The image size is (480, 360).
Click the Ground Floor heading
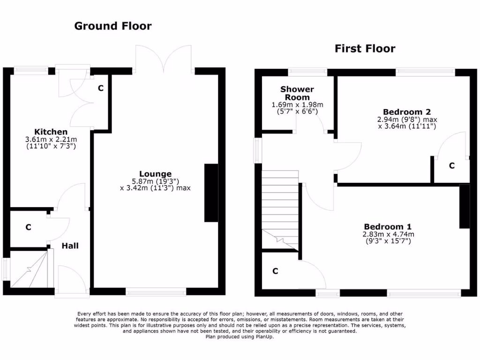point(113,26)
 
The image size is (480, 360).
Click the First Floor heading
point(365,49)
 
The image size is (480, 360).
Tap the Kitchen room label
point(51,132)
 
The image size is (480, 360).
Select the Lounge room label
point(155,174)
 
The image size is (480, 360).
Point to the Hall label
point(70,246)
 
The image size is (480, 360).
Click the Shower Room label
point(297,93)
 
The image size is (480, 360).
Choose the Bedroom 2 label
point(406,112)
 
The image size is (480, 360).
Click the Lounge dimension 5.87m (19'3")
point(155,181)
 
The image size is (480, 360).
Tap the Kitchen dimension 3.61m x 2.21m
point(51,140)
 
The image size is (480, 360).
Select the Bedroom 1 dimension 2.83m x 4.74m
point(388,234)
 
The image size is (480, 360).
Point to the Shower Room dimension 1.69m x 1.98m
point(297,105)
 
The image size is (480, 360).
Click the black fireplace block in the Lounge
point(211,193)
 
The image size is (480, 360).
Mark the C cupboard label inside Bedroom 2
point(451,166)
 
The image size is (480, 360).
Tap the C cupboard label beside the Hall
point(28,228)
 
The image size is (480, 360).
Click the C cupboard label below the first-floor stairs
point(275,271)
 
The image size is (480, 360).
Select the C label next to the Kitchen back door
point(100,88)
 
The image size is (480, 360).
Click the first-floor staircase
point(280,211)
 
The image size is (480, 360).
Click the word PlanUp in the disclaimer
point(264,337)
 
